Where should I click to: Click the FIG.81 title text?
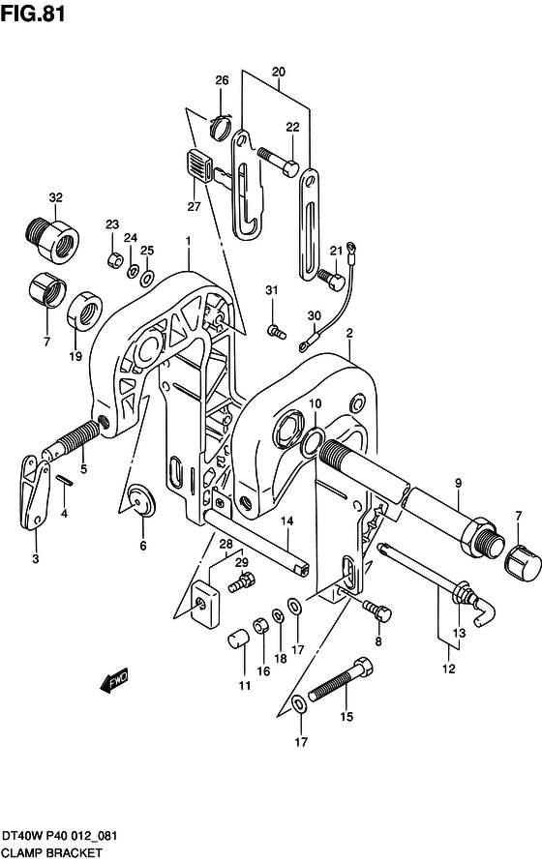pyautogui.click(x=34, y=14)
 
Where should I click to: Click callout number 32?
pyautogui.click(x=55, y=197)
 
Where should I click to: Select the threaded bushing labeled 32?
pyautogui.click(x=52, y=239)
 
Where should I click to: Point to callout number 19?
pyautogui.click(x=75, y=356)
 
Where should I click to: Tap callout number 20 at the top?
pyautogui.click(x=279, y=72)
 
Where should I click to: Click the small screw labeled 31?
pyautogui.click(x=276, y=331)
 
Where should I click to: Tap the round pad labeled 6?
pyautogui.click(x=141, y=500)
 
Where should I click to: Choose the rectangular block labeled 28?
pyautogui.click(x=205, y=604)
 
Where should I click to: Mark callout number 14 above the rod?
pyautogui.click(x=287, y=521)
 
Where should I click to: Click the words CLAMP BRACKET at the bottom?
pyautogui.click(x=51, y=853)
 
